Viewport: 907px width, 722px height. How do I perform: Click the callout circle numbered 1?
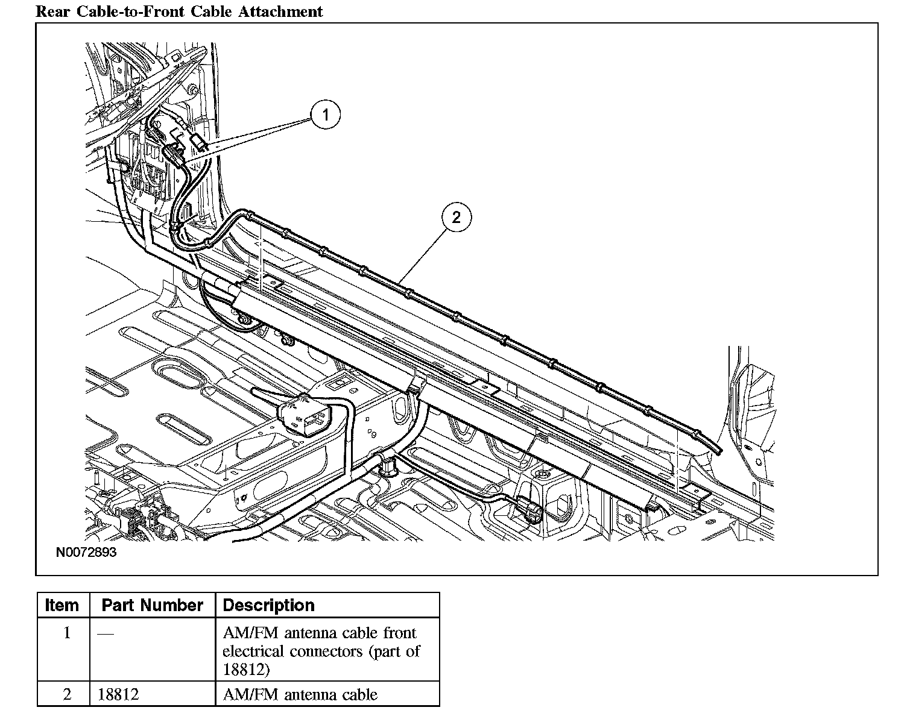(326, 115)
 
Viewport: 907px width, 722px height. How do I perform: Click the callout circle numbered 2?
(456, 217)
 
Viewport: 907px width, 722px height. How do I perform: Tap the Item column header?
(62, 605)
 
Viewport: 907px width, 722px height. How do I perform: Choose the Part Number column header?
(152, 605)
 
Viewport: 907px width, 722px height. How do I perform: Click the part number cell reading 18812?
(119, 694)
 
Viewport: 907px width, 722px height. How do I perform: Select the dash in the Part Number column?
(105, 633)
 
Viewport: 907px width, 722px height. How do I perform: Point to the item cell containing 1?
(67, 633)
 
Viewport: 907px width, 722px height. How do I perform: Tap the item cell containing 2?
(67, 694)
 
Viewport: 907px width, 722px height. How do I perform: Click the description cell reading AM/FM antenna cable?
(300, 694)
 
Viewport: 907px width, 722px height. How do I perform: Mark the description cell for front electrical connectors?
(321, 651)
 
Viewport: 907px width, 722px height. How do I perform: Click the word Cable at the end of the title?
(220, 11)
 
